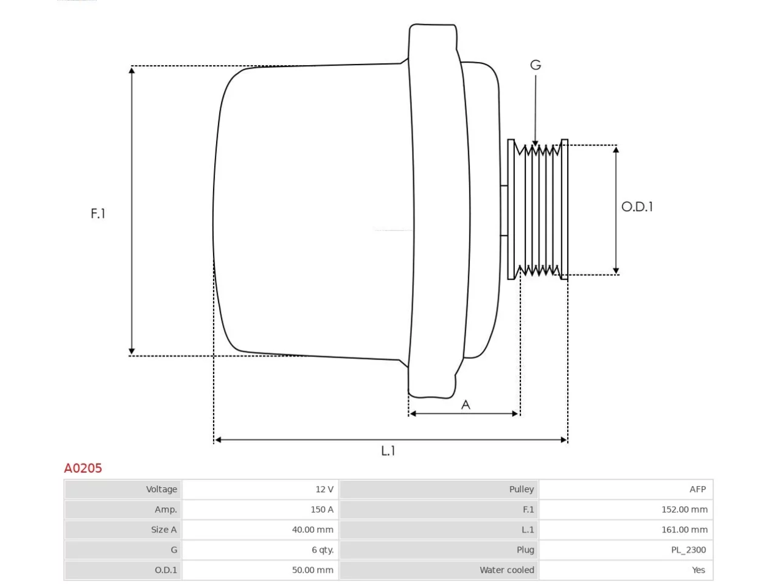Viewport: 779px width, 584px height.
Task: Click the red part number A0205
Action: tap(83, 468)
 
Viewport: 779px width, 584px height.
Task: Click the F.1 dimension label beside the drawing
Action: tap(98, 214)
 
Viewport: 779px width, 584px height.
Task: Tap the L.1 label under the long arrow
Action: tap(388, 451)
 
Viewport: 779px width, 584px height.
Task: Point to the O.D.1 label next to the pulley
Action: tap(637, 207)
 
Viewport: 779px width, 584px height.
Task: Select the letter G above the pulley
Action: tap(536, 65)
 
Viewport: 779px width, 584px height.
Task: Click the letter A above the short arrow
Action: tap(466, 405)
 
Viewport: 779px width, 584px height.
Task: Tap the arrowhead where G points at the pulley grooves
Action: tap(535, 143)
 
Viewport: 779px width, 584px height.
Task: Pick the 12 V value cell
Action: tap(324, 489)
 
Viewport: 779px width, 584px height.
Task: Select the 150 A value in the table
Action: tap(322, 510)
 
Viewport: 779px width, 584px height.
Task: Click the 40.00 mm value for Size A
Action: tap(313, 530)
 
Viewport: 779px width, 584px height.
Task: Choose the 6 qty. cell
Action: tap(323, 550)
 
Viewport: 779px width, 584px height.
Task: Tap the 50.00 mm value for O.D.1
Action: tap(313, 570)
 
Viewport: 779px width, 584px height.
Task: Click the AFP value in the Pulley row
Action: tap(697, 489)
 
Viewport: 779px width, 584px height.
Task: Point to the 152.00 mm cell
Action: tap(685, 510)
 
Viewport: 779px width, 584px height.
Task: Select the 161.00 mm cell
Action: tap(685, 530)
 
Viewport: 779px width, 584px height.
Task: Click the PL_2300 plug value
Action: tap(688, 550)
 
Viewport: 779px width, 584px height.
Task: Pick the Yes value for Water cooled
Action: tap(699, 570)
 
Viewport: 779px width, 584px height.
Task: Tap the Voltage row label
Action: tap(161, 489)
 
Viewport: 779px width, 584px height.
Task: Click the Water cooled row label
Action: tap(507, 570)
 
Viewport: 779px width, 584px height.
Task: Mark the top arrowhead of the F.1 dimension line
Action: tap(131, 70)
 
